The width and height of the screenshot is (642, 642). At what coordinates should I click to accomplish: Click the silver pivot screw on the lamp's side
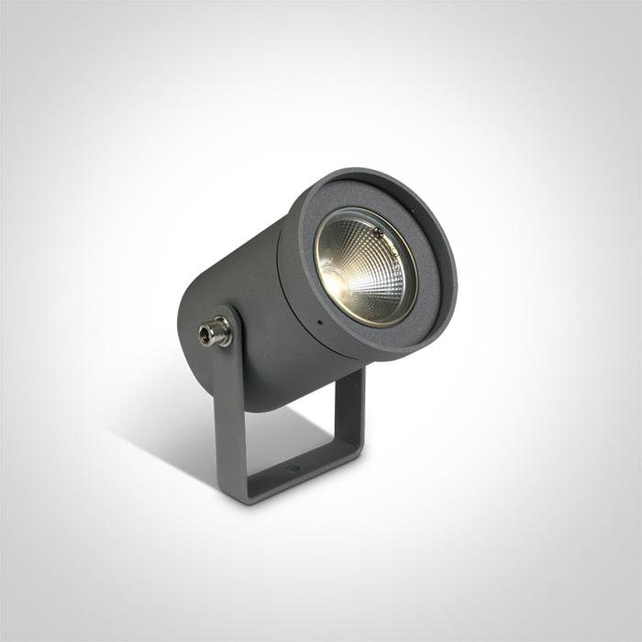[x=216, y=331]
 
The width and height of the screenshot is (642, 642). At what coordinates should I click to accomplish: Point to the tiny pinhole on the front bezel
[x=318, y=323]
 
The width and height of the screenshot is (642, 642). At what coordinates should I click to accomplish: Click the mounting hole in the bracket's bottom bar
[x=293, y=469]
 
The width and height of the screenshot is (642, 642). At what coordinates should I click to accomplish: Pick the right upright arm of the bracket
[x=349, y=404]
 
